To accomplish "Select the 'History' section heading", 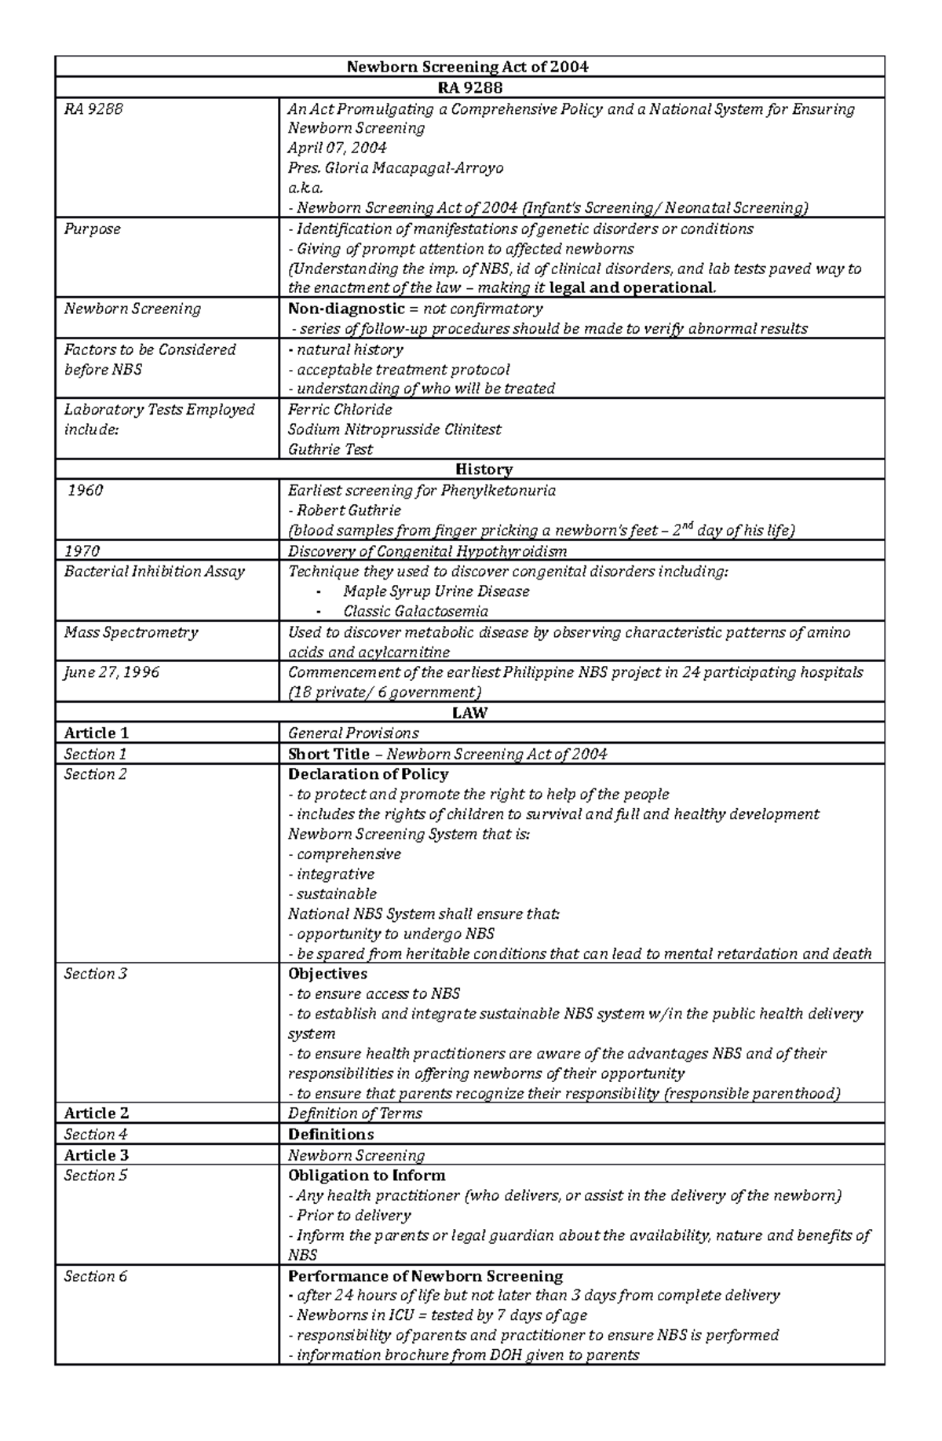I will [484, 470].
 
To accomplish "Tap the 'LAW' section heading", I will [469, 713].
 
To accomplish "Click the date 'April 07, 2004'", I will [337, 148].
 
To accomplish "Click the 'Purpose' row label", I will [93, 229].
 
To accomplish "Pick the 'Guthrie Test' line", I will [330, 450].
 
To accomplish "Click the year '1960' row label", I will [85, 491].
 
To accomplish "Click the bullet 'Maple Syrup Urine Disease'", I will [436, 591].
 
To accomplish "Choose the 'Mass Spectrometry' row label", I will [131, 632].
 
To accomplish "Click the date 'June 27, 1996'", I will [111, 672].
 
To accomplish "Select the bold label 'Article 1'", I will [96, 733].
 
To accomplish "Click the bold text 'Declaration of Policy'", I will [368, 774].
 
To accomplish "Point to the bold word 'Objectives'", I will [327, 974].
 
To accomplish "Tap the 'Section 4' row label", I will [95, 1135].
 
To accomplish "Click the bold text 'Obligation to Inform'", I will [367, 1176].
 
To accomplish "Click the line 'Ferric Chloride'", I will [340, 410].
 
